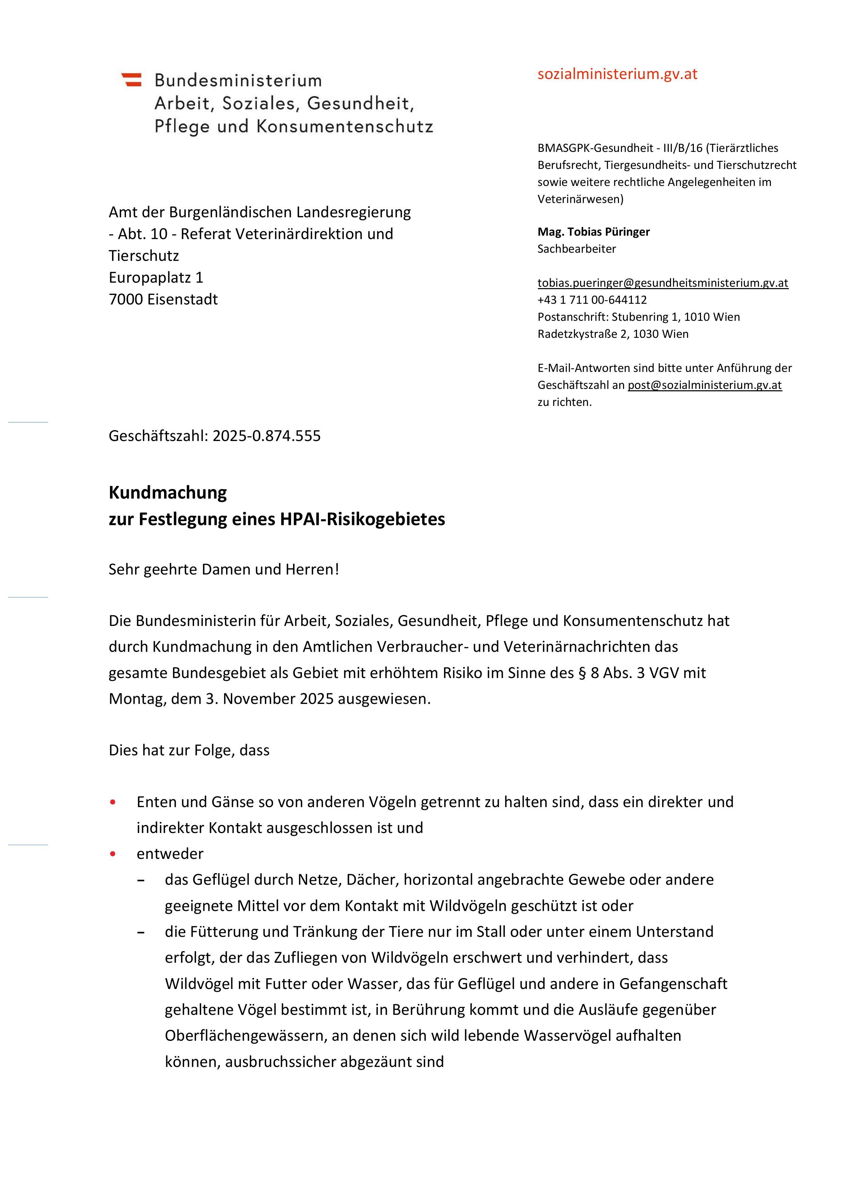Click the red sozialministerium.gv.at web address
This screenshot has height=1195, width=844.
pos(617,74)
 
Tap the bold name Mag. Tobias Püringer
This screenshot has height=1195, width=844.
pos(593,232)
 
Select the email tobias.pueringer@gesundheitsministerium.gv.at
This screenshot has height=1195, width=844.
pos(663,283)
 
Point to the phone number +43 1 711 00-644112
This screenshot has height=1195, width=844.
pos(592,300)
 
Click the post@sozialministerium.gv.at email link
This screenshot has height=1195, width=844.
pos(704,385)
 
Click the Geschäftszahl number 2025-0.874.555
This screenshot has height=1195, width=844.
pos(267,436)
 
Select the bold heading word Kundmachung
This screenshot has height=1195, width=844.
pos(168,492)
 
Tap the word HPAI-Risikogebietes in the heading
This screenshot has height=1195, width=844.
pos(362,519)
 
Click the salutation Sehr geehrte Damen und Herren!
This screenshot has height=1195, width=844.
pos(224,569)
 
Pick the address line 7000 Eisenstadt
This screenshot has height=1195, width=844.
pos(163,299)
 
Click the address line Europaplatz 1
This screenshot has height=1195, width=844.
pos(156,278)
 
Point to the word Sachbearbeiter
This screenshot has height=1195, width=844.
pos(576,249)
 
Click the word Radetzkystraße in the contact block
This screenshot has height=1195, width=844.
pos(576,334)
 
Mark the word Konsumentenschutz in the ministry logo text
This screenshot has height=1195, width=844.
pos(345,126)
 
